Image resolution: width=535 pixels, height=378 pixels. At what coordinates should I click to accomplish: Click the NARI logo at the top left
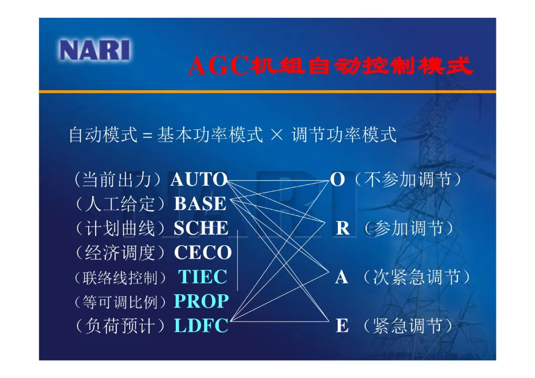(x=95, y=50)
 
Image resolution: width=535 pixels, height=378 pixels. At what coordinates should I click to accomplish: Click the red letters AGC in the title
(x=219, y=65)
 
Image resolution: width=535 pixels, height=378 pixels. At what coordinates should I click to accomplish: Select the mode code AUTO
(x=199, y=179)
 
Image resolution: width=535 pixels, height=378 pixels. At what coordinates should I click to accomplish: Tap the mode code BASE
(x=200, y=204)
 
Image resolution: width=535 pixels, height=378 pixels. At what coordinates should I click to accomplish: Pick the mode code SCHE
(x=201, y=228)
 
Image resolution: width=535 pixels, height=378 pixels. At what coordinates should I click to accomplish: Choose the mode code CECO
(x=203, y=253)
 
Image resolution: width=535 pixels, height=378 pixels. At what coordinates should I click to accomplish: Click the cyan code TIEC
(x=203, y=276)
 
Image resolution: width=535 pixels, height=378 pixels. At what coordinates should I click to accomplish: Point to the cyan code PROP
(x=201, y=301)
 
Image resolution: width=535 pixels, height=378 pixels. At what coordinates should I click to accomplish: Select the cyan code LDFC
(x=201, y=325)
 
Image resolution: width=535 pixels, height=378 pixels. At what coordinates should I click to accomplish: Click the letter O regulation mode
(x=337, y=179)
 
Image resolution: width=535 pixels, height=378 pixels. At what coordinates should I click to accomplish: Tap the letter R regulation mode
(x=343, y=228)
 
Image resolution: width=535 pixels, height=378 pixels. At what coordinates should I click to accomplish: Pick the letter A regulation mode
(x=341, y=276)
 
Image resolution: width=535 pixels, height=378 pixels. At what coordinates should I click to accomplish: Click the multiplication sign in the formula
(x=277, y=135)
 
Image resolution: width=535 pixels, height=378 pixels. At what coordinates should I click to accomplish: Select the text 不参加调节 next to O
(x=408, y=179)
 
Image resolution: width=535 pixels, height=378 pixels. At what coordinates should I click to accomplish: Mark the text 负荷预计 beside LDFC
(x=120, y=325)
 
